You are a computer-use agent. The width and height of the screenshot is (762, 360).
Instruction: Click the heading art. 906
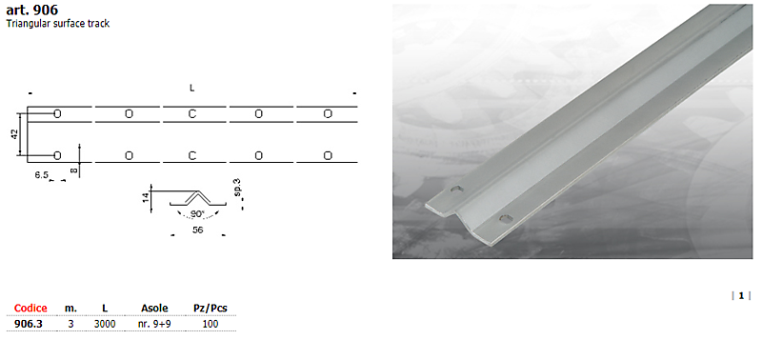tap(32, 10)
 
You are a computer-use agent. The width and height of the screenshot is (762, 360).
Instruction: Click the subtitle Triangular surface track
tap(58, 24)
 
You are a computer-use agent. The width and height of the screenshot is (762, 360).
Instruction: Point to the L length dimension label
tap(192, 88)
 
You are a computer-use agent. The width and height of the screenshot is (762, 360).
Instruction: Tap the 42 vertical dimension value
tap(14, 134)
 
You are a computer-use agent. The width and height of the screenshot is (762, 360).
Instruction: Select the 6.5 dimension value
tap(41, 175)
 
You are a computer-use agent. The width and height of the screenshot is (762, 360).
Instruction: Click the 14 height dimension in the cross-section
tap(146, 198)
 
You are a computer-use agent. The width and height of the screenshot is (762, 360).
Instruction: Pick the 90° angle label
tap(197, 214)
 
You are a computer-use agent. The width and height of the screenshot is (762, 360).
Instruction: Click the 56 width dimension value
tap(197, 230)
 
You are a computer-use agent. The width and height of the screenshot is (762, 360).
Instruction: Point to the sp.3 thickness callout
tap(237, 188)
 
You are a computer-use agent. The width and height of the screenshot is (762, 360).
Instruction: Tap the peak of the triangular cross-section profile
tap(197, 190)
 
